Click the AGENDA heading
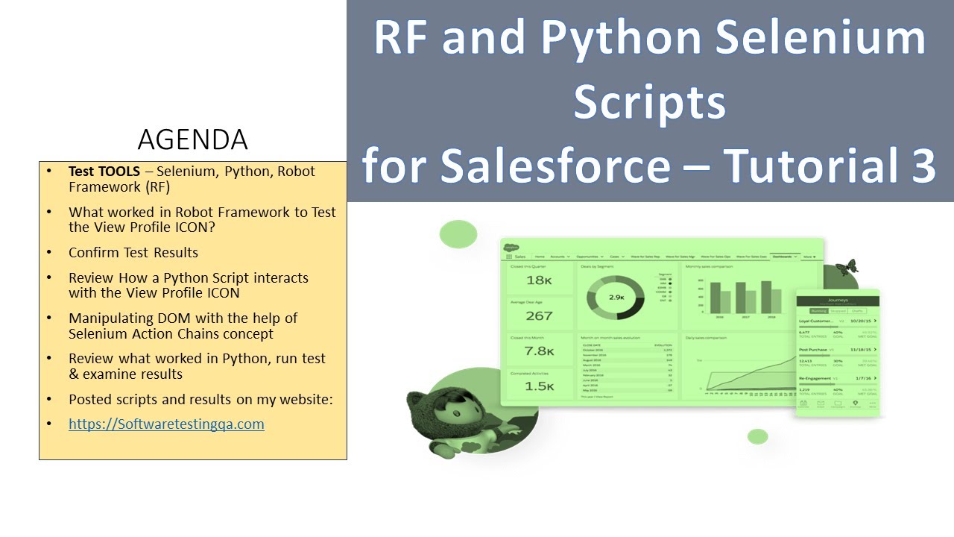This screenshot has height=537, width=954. point(192,139)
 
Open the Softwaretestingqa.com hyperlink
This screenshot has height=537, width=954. point(166,424)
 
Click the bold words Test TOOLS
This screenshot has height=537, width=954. point(104,171)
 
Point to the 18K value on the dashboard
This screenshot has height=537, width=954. point(539,280)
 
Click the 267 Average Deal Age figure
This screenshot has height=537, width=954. point(539,315)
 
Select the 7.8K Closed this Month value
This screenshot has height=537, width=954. point(539,351)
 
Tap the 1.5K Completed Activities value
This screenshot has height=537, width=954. point(539,386)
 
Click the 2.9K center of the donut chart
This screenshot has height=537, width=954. point(616,297)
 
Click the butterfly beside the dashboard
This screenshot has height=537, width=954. point(847,267)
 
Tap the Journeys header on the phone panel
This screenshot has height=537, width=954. point(838,301)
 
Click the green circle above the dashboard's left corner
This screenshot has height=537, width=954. point(458,234)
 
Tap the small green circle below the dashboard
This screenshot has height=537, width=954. point(757,436)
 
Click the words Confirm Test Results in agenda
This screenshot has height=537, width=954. point(133,252)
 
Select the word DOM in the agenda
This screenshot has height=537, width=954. point(148,318)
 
